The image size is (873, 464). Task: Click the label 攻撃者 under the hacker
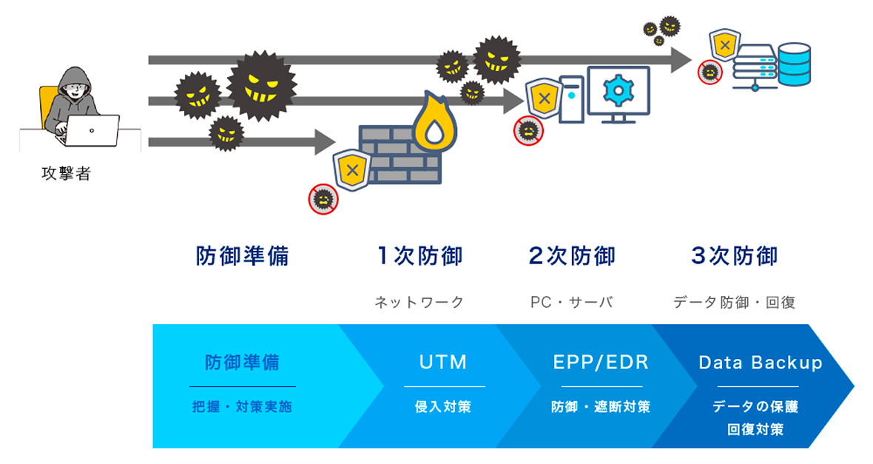(66, 175)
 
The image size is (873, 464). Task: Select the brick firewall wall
(400, 155)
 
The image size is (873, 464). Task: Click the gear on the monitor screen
(618, 90)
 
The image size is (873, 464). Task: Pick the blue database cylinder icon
(795, 62)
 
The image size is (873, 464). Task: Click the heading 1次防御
(419, 256)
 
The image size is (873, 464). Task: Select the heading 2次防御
(572, 256)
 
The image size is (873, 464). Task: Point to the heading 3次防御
(734, 256)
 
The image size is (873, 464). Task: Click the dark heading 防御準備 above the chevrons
(242, 256)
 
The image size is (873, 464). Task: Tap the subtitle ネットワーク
(419, 302)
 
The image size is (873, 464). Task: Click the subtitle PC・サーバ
(572, 302)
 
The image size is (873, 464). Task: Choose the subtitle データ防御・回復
(734, 302)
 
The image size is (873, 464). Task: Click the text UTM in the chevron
(443, 362)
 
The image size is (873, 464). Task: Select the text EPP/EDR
(601, 362)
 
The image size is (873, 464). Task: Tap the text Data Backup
(761, 362)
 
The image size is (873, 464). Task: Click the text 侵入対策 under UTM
(443, 406)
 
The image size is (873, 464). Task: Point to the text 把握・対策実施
(242, 406)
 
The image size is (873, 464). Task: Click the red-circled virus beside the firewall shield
(323, 198)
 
